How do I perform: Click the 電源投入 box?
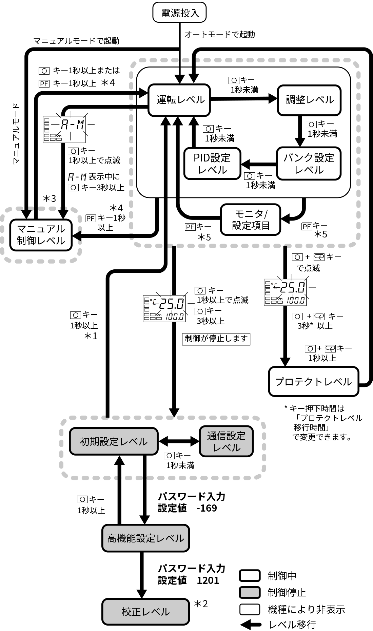(x=179, y=13)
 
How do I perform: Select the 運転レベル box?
(x=179, y=100)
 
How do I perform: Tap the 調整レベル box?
(x=309, y=100)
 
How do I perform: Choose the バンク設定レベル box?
(x=309, y=164)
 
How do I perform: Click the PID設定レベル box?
(x=212, y=164)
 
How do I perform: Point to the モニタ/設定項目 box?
(x=251, y=219)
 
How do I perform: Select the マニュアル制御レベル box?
(x=41, y=235)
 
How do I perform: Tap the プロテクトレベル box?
(x=314, y=382)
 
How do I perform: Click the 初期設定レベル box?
(x=114, y=441)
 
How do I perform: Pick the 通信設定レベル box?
(x=226, y=441)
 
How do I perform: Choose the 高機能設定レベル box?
(x=145, y=538)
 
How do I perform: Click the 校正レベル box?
(x=145, y=612)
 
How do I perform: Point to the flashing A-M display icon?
(x=64, y=129)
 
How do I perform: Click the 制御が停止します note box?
(x=216, y=339)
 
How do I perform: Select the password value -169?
(x=207, y=508)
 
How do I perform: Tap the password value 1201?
(x=208, y=580)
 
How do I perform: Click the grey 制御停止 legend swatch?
(x=250, y=592)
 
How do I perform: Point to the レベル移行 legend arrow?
(x=250, y=625)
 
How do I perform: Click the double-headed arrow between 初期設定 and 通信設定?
(x=179, y=441)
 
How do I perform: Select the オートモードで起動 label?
(x=220, y=34)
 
